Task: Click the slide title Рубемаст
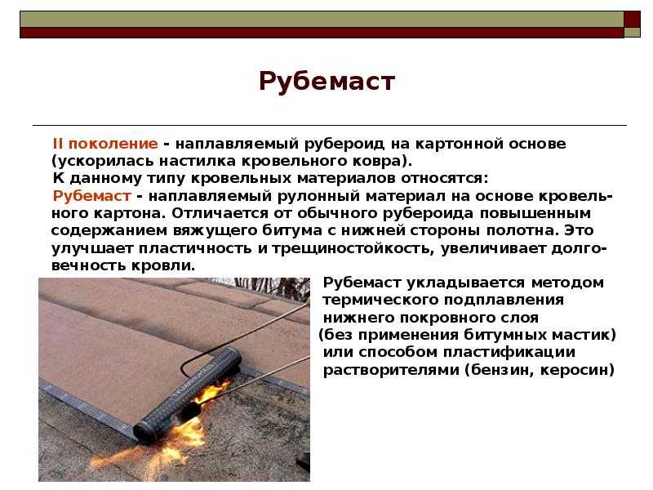pos(327,81)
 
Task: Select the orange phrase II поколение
pos(105,144)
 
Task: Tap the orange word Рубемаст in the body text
pos(92,196)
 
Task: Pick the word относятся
pos(444,178)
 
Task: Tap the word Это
pos(579,230)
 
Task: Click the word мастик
pos(582,335)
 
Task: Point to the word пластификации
pos(509,353)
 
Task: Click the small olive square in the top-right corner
pos(632,32)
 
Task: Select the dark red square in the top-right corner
pos(632,19)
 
